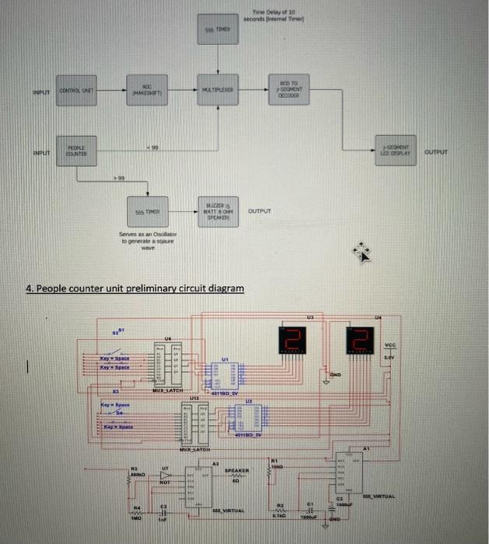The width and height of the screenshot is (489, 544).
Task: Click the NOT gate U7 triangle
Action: [x=164, y=474]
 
